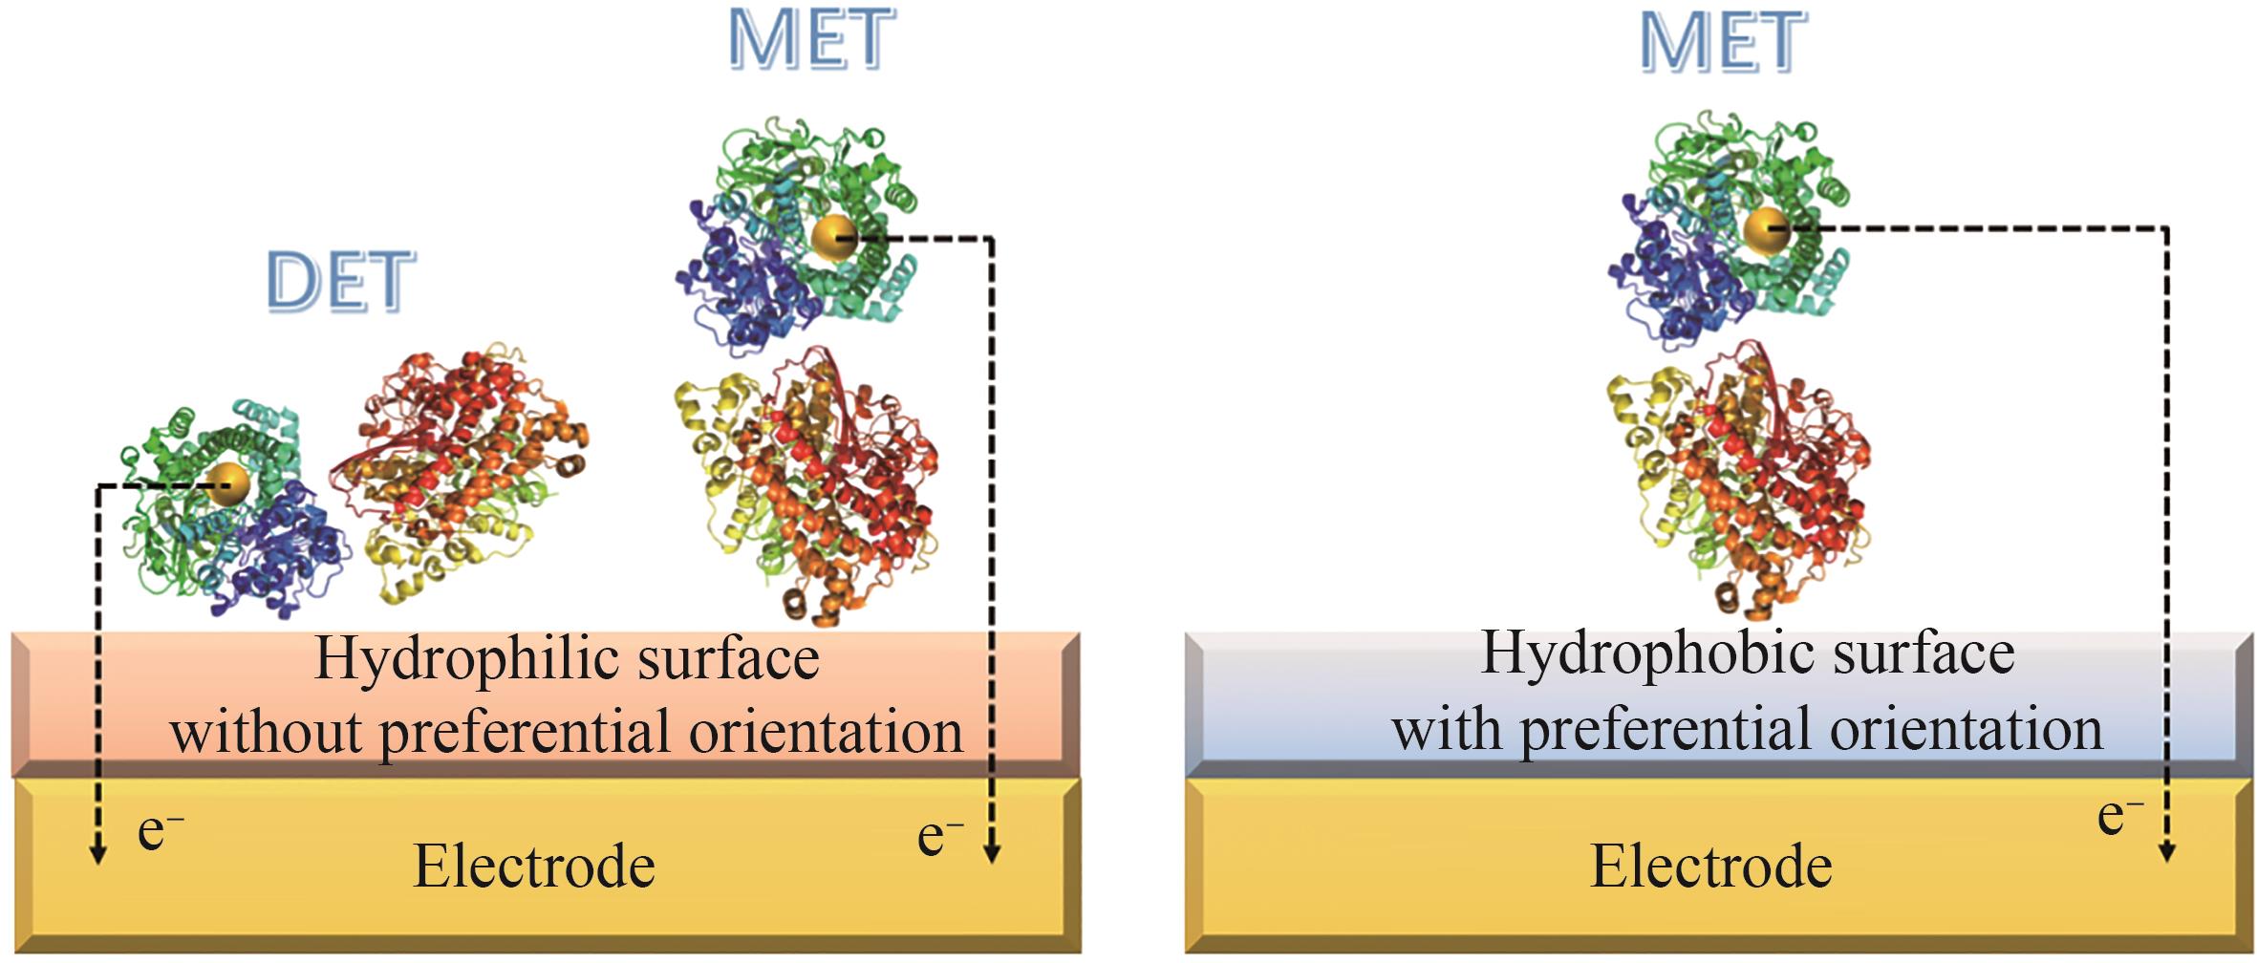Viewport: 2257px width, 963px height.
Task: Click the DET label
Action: click(341, 282)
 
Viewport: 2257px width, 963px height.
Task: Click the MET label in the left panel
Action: click(812, 40)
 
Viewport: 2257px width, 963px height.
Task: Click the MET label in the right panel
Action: click(1723, 43)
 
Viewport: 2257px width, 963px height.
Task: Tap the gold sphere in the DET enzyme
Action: click(227, 485)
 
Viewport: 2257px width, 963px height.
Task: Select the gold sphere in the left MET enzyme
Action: click(834, 236)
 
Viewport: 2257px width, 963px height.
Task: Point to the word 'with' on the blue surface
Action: click(1448, 731)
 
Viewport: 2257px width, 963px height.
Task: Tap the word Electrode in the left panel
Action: click(534, 867)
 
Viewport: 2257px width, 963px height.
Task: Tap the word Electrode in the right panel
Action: click(1710, 867)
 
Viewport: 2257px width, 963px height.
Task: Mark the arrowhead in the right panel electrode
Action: click(2166, 851)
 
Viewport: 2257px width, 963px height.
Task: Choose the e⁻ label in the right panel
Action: click(2119, 818)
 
